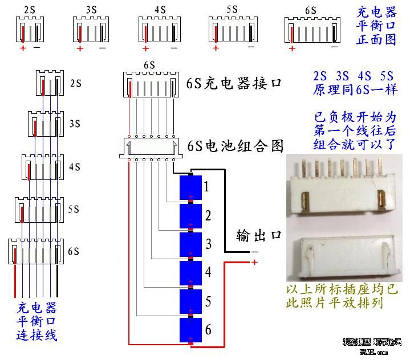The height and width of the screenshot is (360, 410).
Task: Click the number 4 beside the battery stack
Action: point(208,272)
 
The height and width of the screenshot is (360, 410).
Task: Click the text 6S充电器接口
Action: point(234,83)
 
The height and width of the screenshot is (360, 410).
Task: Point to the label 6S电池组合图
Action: point(236,146)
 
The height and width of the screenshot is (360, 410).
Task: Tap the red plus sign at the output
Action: point(254,262)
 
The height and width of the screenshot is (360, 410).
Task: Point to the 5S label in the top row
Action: point(232,10)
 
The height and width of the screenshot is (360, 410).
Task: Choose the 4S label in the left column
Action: point(74,167)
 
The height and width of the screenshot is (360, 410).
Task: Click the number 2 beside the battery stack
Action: point(208,215)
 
